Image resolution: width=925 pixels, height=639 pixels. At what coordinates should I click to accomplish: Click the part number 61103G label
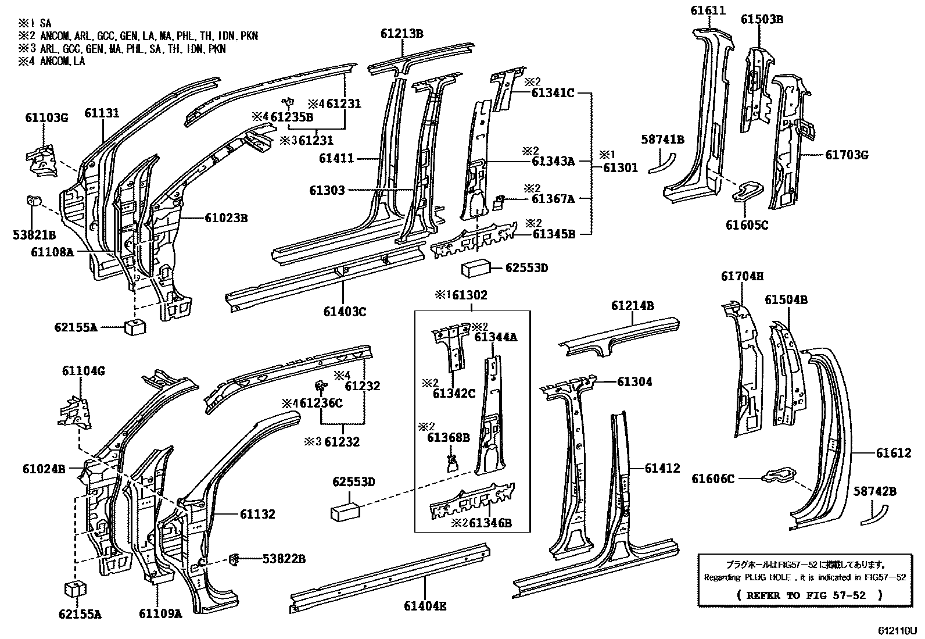click(46, 118)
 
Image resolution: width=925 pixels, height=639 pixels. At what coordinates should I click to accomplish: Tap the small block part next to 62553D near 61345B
click(476, 270)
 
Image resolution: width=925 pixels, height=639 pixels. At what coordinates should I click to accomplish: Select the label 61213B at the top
click(402, 33)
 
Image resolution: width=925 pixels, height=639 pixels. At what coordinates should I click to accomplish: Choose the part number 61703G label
click(847, 155)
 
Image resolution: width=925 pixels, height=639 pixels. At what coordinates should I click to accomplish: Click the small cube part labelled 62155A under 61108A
click(134, 327)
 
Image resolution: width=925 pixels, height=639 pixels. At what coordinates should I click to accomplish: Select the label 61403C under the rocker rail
click(345, 312)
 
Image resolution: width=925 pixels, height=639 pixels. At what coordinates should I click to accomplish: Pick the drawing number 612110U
click(897, 630)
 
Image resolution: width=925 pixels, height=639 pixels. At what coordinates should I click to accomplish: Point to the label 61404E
click(425, 606)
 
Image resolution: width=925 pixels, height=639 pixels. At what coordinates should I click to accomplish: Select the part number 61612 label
click(894, 453)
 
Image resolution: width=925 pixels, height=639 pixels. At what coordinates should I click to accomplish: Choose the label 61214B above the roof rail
click(632, 306)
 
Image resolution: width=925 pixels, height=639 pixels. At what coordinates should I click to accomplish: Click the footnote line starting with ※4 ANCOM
click(51, 60)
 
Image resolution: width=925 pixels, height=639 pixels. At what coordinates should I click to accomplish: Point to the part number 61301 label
click(620, 167)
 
